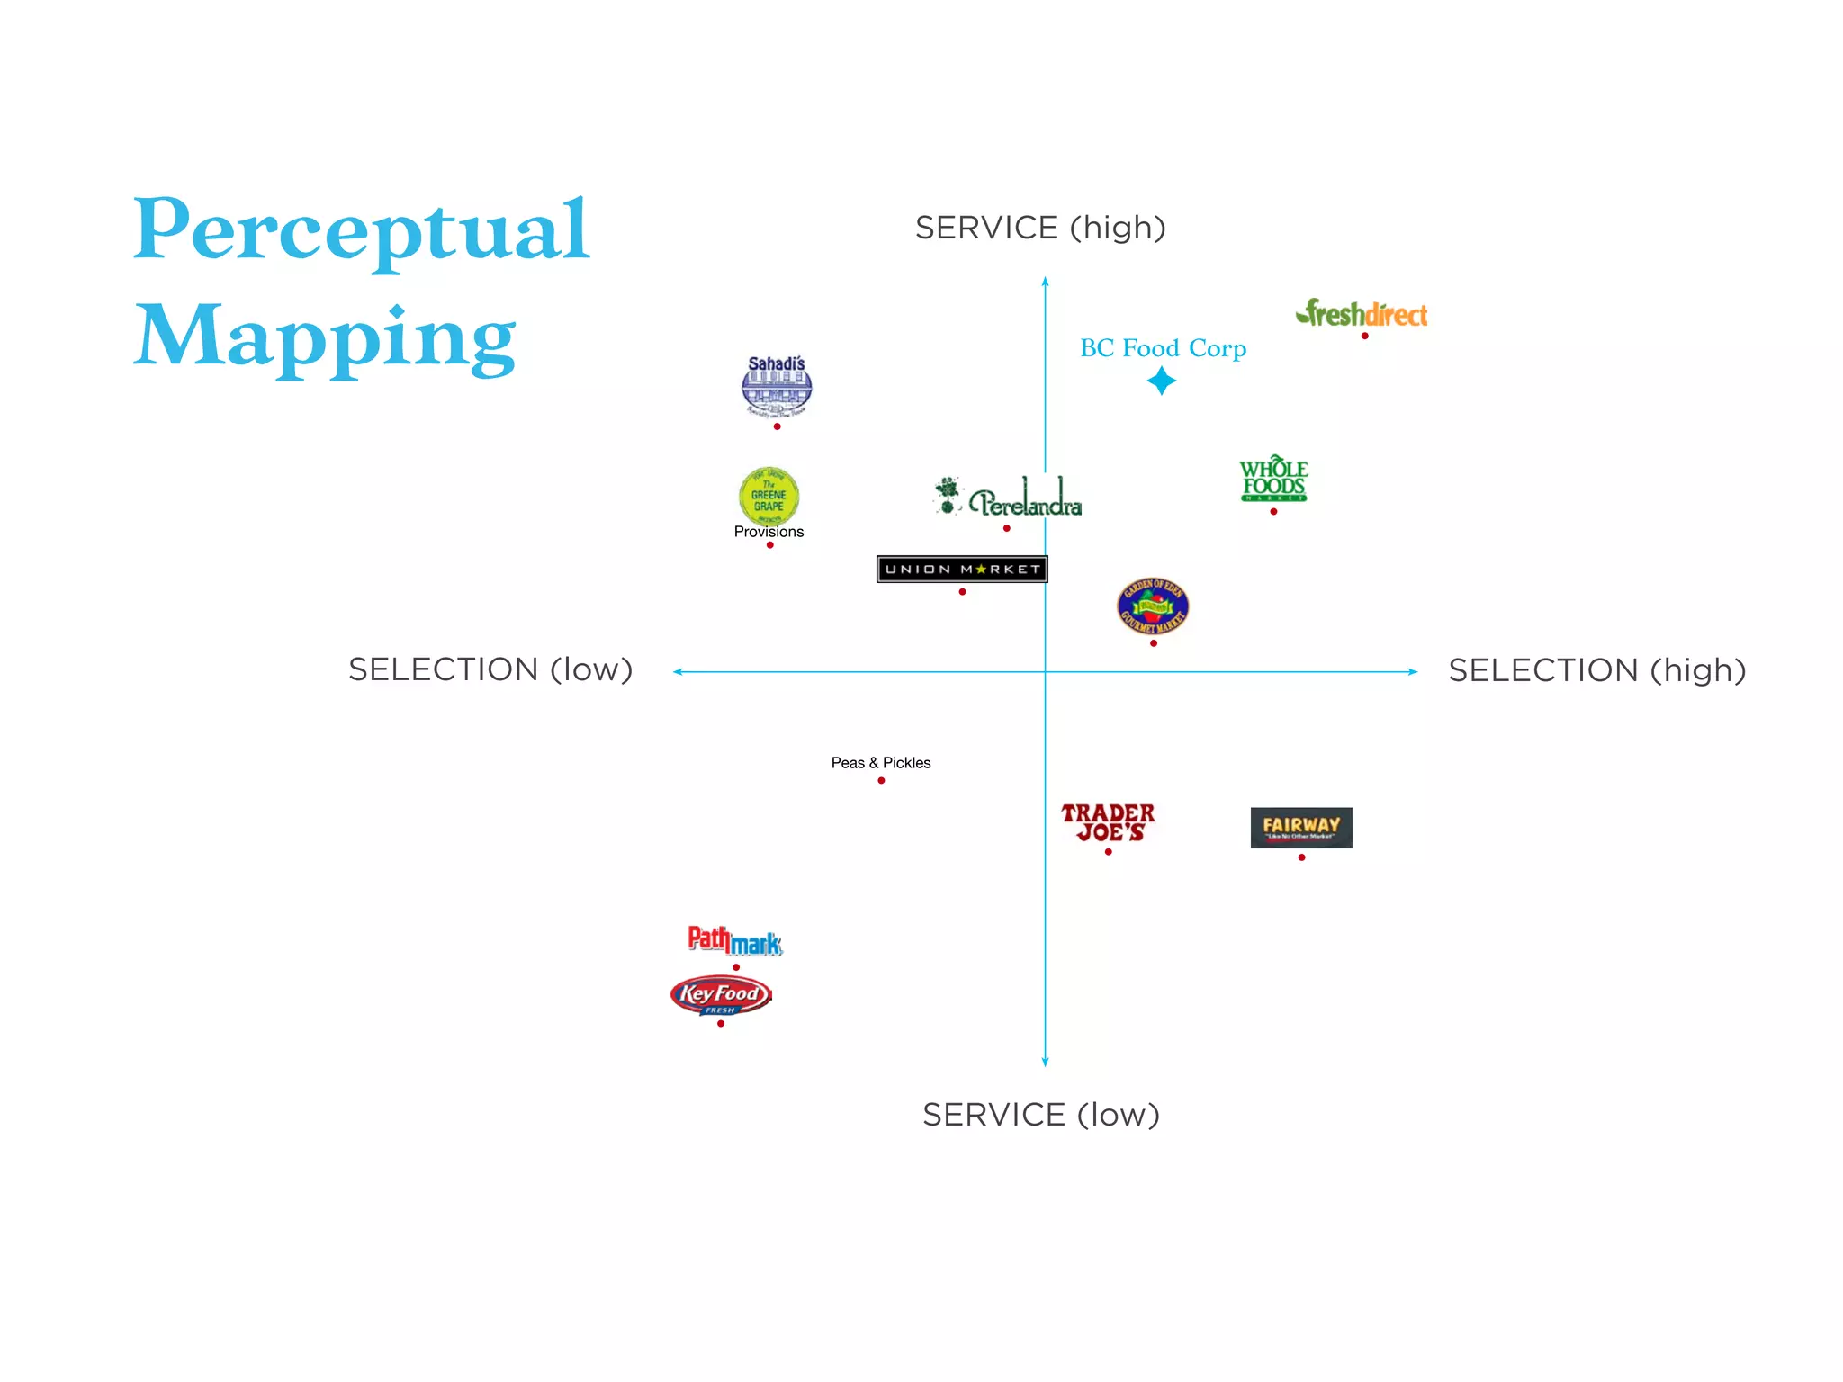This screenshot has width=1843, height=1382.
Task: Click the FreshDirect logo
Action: (1362, 314)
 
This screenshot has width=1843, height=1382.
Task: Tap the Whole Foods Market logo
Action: (1273, 479)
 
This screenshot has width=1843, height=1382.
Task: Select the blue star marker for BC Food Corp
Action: (1162, 381)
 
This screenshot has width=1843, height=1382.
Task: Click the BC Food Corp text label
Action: (1163, 348)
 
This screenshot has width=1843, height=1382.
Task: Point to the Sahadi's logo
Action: (777, 387)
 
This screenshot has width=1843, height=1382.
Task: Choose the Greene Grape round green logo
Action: (769, 495)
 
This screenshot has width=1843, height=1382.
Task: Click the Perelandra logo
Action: (1009, 498)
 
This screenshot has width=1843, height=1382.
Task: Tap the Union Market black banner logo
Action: (962, 569)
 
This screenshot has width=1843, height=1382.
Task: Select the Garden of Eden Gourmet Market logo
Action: (1153, 606)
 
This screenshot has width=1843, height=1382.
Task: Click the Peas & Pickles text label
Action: (881, 763)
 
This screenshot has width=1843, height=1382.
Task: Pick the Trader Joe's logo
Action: (1108, 822)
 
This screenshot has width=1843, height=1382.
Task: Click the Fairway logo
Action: (1301, 828)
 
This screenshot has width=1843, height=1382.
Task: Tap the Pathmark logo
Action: (734, 940)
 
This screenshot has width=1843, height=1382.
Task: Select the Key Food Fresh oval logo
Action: (721, 995)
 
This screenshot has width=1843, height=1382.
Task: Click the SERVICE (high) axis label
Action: (1040, 228)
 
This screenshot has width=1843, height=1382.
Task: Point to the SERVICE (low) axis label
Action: (1041, 1115)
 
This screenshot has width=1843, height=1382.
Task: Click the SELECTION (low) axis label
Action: (490, 669)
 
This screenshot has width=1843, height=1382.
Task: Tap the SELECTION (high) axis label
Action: (1596, 670)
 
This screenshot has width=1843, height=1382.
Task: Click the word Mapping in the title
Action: (325, 337)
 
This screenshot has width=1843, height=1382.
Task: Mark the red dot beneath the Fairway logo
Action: (1301, 857)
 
